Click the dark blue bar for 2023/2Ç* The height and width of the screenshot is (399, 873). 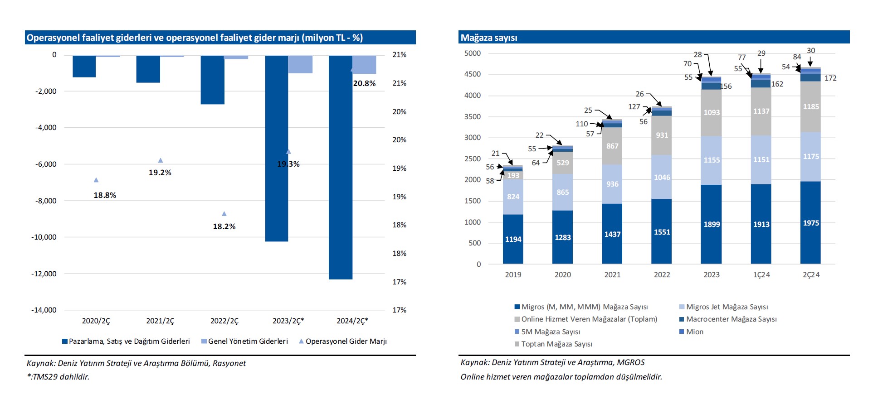[x=277, y=149]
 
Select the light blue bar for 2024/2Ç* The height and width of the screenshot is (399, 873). [x=364, y=64]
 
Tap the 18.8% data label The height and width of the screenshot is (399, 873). [x=105, y=195]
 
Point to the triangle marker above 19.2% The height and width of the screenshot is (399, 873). [x=160, y=160]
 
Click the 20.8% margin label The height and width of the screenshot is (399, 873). [x=364, y=83]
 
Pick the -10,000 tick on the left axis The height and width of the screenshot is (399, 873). [x=44, y=237]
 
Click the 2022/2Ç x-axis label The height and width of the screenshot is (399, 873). [x=224, y=321]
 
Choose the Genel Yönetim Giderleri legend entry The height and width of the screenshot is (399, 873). [x=244, y=341]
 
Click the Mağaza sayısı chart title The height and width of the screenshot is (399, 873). [x=489, y=38]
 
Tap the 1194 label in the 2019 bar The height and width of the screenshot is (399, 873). [x=513, y=239]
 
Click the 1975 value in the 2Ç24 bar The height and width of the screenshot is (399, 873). [x=811, y=223]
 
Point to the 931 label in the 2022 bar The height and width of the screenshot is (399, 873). [x=662, y=135]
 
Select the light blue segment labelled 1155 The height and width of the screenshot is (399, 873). [x=712, y=160]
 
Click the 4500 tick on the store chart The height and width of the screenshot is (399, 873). [x=472, y=74]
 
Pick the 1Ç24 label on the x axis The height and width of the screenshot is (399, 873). [x=761, y=274]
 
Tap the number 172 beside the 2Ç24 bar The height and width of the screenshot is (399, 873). [x=830, y=78]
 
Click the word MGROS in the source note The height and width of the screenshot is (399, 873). [x=631, y=362]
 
